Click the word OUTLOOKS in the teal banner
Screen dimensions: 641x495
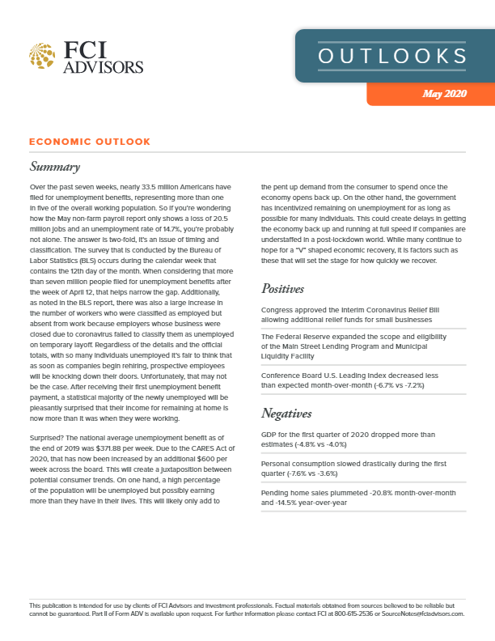click(392, 56)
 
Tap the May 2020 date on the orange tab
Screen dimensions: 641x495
click(444, 94)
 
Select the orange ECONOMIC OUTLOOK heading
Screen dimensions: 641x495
click(90, 142)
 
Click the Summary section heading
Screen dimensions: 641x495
click(54, 168)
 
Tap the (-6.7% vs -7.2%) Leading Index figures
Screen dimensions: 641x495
click(389, 385)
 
